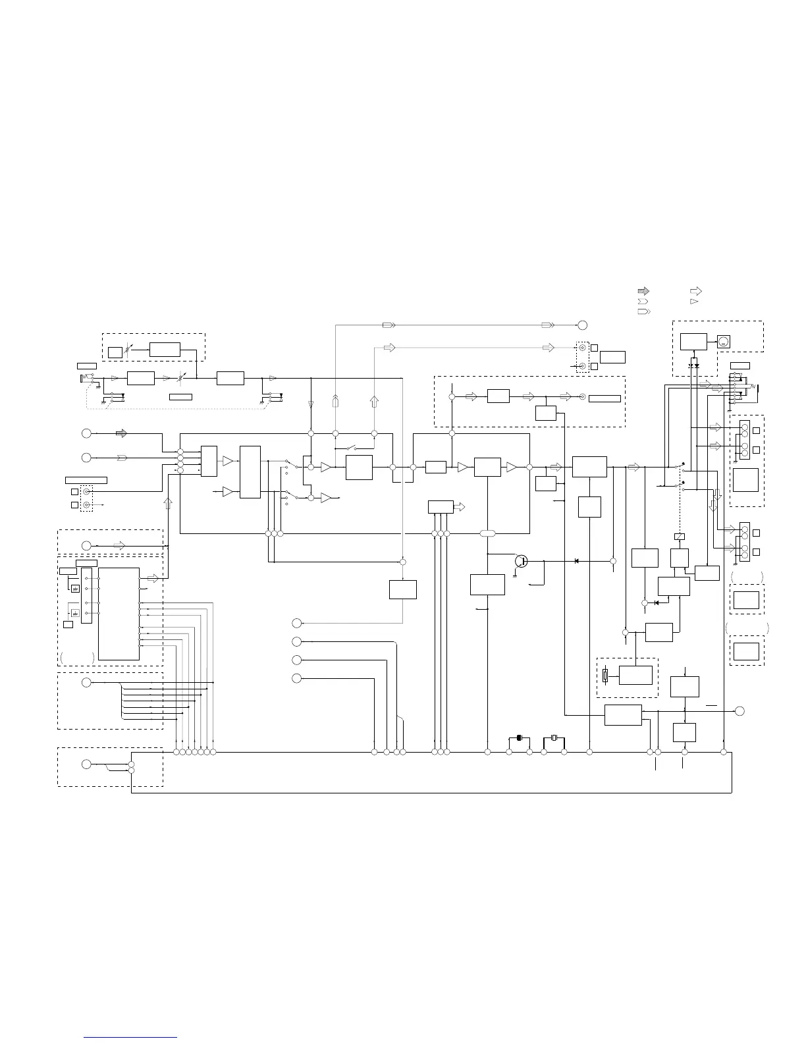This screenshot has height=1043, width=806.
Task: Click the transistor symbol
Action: (x=522, y=561)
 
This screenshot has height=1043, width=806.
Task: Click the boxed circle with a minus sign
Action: (x=723, y=342)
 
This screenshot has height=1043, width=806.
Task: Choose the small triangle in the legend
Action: (x=694, y=301)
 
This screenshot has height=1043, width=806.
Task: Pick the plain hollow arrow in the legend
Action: (x=695, y=290)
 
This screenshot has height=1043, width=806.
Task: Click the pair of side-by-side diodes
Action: (x=693, y=365)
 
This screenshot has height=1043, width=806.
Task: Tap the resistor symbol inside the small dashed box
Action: (x=606, y=676)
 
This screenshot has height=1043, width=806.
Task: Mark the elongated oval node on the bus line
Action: (x=487, y=533)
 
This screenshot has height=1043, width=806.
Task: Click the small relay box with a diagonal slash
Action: (x=680, y=537)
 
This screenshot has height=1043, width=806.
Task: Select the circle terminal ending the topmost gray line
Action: (x=582, y=325)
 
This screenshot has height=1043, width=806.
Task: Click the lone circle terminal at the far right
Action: (x=739, y=710)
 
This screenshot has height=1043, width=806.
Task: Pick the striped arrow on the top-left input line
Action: (x=121, y=433)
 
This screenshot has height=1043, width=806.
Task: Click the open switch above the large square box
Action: (x=354, y=448)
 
